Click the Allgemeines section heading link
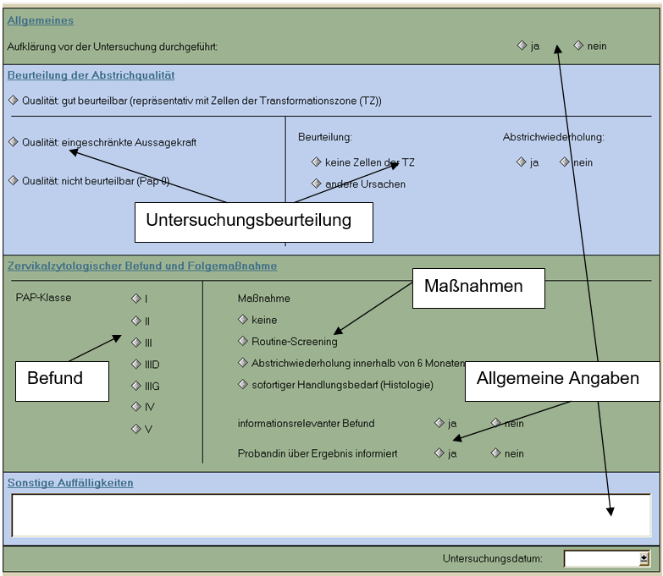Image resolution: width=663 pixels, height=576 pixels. tap(40, 20)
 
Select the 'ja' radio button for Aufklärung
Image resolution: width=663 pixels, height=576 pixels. tap(522, 45)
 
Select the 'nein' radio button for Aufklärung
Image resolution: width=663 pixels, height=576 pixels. tap(578, 45)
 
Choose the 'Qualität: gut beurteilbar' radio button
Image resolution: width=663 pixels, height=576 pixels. tap(13, 100)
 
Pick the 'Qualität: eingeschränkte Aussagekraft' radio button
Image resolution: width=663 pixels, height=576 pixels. tap(13, 141)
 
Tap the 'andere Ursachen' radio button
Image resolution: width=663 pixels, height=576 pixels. tap(317, 184)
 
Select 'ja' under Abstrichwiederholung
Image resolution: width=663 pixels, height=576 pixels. tap(521, 162)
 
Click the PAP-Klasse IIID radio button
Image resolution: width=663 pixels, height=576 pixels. tap(136, 364)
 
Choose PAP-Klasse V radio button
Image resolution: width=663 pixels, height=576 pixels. tap(136, 429)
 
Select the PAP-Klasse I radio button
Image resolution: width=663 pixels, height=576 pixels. tap(136, 299)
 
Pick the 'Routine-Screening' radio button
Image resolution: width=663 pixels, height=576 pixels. tap(243, 341)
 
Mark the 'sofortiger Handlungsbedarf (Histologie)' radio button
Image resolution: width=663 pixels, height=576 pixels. tap(243, 384)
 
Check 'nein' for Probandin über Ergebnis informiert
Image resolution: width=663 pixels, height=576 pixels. tap(495, 453)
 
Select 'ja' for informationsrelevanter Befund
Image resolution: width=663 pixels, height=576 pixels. tap(439, 423)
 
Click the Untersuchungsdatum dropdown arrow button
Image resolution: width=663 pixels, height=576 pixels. tap(644, 559)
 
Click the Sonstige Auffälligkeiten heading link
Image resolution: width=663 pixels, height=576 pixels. tap(70, 483)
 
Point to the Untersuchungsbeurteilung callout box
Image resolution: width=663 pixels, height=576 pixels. tap(254, 222)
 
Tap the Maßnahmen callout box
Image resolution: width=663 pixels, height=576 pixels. tap(478, 288)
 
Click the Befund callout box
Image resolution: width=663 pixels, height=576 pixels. tap(62, 381)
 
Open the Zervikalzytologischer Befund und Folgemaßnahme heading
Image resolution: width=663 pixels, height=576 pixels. tap(142, 266)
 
